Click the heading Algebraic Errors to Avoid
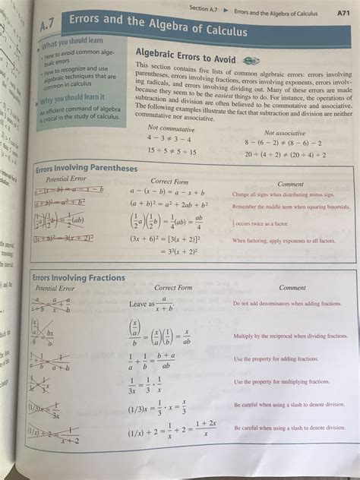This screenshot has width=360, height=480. (185, 58)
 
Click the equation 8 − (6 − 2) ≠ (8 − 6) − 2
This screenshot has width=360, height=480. (283, 143)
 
